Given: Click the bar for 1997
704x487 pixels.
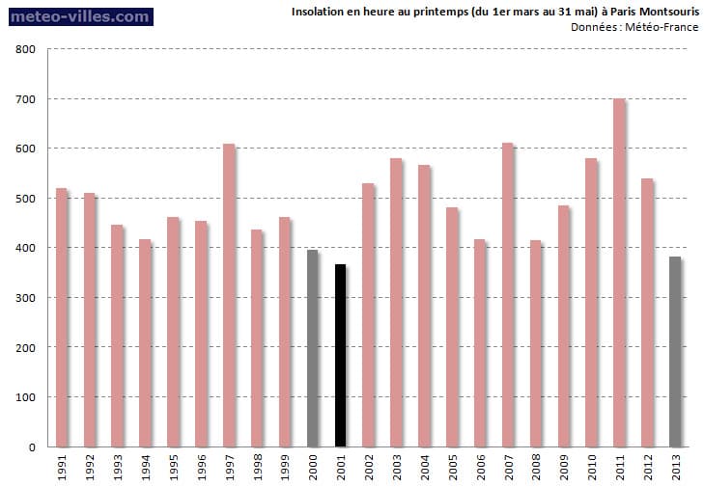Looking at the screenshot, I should click(x=229, y=295).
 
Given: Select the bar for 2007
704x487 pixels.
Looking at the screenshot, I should click(x=508, y=295).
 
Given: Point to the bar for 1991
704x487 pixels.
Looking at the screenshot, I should click(x=62, y=317).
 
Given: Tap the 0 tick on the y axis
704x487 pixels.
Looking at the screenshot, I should click(x=32, y=447).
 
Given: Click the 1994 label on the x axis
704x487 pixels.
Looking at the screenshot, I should click(x=146, y=468).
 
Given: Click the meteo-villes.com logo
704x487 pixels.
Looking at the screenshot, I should click(x=77, y=16).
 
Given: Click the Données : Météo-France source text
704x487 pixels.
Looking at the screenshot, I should click(x=634, y=27).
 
